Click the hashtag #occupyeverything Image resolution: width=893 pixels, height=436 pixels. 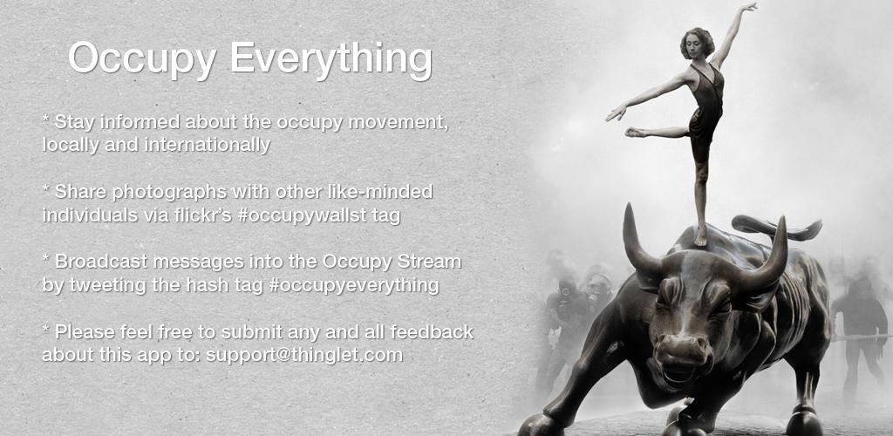[x=354, y=285]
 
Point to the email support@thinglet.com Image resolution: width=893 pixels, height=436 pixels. [x=304, y=355]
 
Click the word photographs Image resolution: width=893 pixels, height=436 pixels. [x=170, y=193]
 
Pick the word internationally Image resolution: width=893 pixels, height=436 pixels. [x=208, y=145]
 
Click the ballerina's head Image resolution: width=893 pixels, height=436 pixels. [x=698, y=43]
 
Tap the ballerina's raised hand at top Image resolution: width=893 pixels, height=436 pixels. [x=748, y=7]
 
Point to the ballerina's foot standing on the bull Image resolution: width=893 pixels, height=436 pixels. [x=700, y=237]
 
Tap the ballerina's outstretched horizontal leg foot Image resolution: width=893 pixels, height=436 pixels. [x=633, y=132]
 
